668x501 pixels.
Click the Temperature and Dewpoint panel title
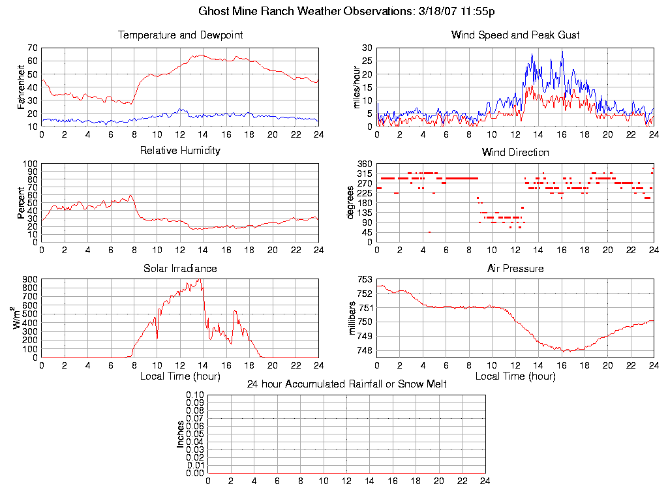[180, 35]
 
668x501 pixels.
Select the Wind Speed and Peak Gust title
[515, 35]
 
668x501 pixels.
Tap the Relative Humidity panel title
[180, 151]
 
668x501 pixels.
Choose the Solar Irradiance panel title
[180, 268]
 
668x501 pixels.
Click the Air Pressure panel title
[515, 268]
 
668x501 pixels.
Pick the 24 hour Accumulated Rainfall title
[346, 384]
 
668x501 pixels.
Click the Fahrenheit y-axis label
[22, 87]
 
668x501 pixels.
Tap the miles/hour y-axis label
[357, 87]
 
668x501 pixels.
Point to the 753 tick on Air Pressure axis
[364, 280]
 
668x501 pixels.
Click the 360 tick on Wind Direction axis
[364, 164]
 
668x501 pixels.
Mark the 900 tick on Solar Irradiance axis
[29, 280]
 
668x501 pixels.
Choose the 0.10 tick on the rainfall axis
[195, 395]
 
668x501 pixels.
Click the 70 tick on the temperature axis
[32, 48]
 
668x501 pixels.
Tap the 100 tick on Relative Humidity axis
[29, 164]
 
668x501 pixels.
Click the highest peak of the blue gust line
[562, 51]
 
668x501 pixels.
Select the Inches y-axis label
[181, 434]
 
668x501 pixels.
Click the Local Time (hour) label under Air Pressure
[515, 376]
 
